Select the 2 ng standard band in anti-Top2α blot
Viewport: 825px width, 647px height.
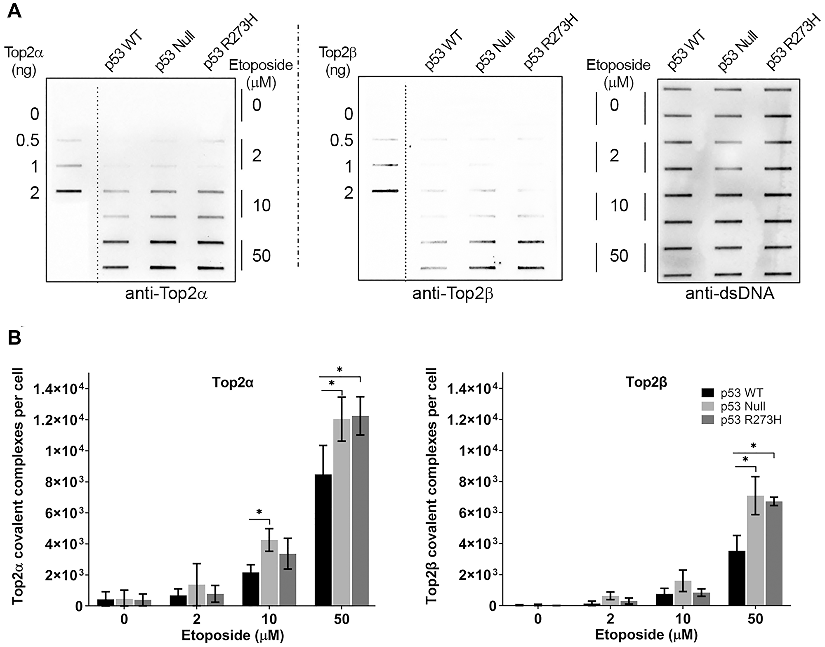click(x=69, y=191)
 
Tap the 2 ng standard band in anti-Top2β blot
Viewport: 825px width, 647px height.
click(x=385, y=191)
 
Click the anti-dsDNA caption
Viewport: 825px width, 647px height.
click(x=729, y=294)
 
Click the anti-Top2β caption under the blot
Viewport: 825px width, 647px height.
click(x=453, y=294)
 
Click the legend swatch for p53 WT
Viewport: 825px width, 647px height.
click(x=709, y=393)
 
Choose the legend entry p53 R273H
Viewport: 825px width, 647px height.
click(x=751, y=420)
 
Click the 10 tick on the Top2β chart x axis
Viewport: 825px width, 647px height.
click(x=683, y=619)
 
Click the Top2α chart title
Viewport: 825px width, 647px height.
click(x=233, y=383)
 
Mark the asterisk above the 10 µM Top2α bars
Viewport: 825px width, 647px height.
click(x=259, y=512)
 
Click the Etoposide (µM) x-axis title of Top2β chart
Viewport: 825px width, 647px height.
click(x=646, y=635)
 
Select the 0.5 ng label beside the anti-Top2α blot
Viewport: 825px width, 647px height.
click(x=28, y=141)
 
